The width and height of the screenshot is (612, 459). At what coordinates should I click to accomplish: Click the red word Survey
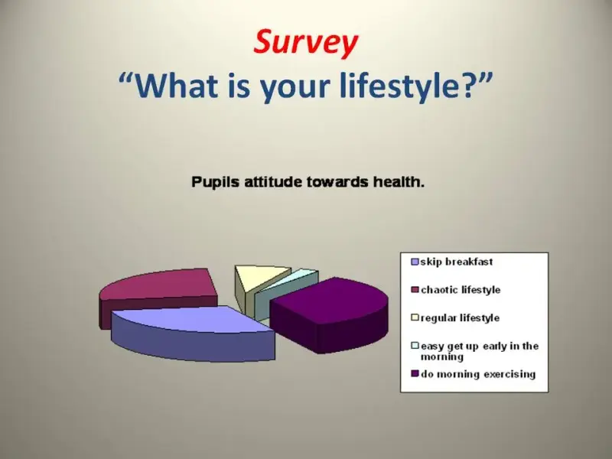(x=305, y=42)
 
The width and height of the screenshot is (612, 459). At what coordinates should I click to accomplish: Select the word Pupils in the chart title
(x=215, y=182)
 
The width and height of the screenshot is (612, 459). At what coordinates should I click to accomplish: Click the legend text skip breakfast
(x=457, y=262)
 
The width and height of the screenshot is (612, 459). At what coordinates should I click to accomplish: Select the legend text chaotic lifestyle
(x=461, y=290)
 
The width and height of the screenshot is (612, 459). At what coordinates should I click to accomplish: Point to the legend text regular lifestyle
(x=461, y=317)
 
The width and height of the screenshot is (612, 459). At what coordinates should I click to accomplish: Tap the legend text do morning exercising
(x=478, y=374)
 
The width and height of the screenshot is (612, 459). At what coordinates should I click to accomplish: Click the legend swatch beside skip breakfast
(x=415, y=262)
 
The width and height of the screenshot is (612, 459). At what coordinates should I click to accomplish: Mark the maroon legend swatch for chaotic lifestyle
(x=415, y=290)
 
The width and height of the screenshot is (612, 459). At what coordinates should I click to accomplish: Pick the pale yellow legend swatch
(x=415, y=317)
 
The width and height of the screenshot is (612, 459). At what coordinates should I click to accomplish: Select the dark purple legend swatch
(x=415, y=374)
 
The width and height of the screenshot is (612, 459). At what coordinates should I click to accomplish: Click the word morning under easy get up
(x=442, y=357)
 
